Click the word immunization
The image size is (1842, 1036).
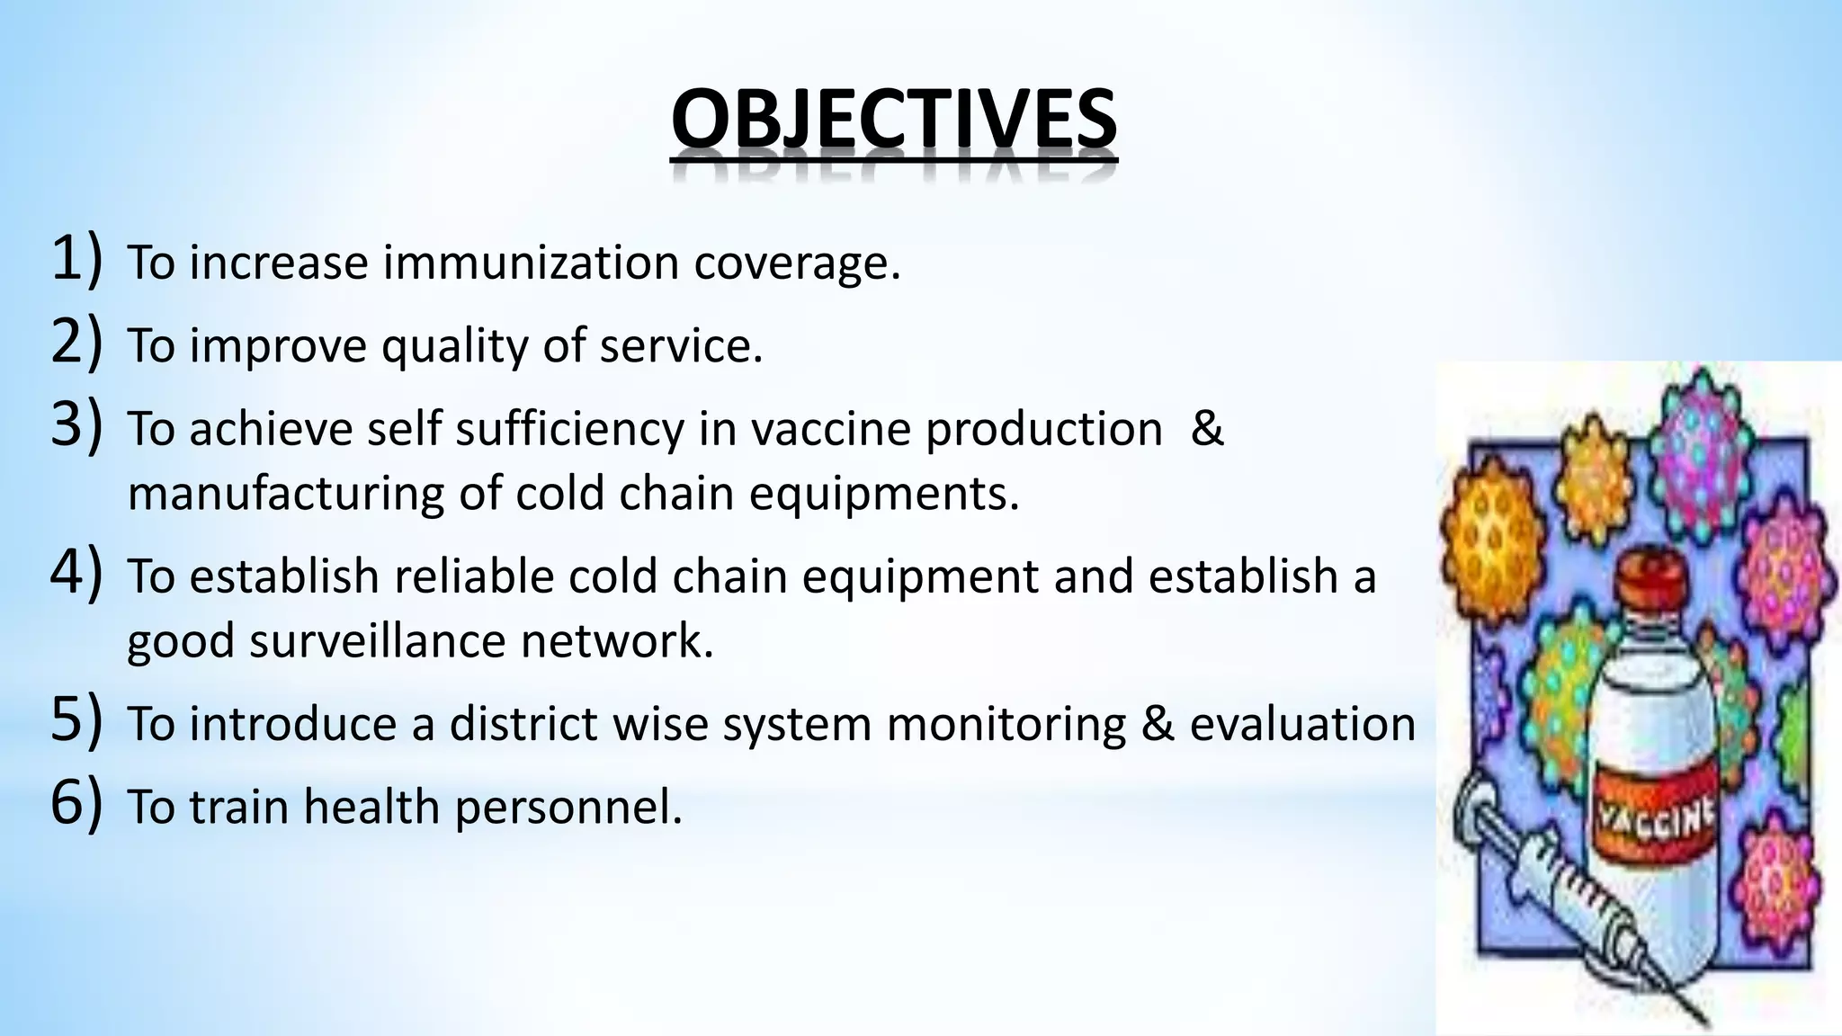(x=531, y=263)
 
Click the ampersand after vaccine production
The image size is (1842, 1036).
(x=1206, y=428)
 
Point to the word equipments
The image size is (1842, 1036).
(x=884, y=494)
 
